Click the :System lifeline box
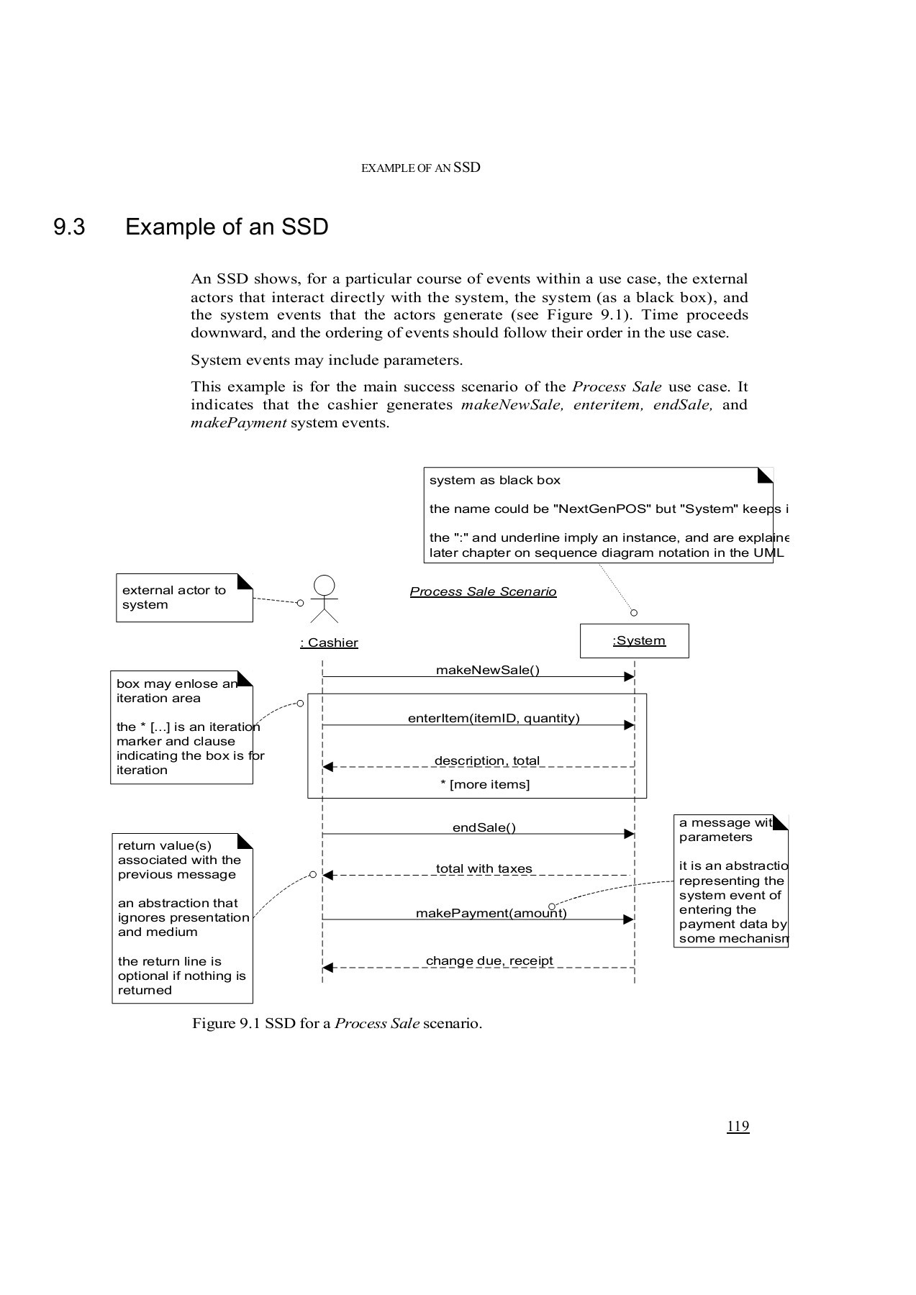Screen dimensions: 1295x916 (634, 640)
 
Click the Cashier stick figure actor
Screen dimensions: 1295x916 (324, 599)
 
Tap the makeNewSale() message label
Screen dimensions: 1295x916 (487, 670)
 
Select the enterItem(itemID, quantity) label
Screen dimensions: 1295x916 (494, 718)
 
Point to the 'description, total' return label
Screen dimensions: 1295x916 (486, 760)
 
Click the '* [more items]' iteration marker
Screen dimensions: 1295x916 (485, 784)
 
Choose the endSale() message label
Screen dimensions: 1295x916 (484, 827)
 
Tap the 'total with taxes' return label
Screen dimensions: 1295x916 (484, 868)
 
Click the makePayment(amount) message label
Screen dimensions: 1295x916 (491, 913)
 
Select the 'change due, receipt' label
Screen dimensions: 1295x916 (489, 960)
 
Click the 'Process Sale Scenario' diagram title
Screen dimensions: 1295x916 (483, 591)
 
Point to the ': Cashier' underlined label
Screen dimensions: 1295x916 (329, 642)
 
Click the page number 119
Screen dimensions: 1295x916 (738, 1126)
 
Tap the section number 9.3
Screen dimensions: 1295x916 (69, 227)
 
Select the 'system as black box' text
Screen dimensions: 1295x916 (494, 480)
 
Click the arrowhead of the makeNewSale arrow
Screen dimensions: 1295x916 (629, 677)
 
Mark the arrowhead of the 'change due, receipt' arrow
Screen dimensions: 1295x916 (327, 968)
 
